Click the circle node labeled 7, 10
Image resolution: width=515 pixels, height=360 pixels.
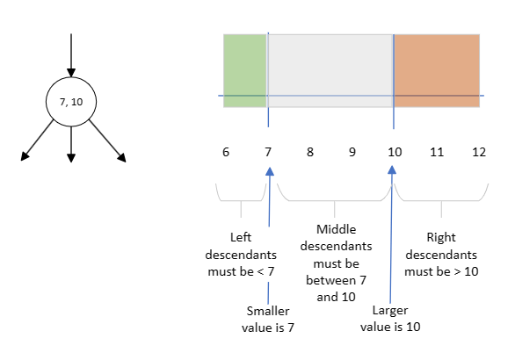(70, 102)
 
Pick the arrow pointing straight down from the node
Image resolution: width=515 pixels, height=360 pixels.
(70, 145)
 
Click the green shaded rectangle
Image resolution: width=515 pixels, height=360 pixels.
(245, 70)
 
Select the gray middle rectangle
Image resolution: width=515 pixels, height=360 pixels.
(330, 70)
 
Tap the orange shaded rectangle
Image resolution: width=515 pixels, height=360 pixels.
(437, 70)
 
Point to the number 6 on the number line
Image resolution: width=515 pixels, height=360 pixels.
(227, 152)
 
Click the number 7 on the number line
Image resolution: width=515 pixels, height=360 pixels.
(268, 152)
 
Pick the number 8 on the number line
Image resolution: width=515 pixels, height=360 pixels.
(310, 152)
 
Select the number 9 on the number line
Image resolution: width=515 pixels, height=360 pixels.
(352, 152)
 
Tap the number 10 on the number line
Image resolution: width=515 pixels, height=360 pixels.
(395, 152)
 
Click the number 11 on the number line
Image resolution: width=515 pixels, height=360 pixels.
(437, 152)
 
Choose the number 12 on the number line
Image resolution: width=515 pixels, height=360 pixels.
(478, 152)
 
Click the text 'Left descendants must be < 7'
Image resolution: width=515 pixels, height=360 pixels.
(241, 254)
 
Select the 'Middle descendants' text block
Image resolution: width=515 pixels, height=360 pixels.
(330, 263)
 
